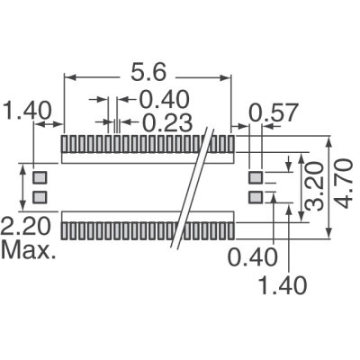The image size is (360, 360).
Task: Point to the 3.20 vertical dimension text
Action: tap(310, 184)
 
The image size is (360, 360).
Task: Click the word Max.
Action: tap(29, 249)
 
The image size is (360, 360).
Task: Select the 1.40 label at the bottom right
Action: tap(285, 285)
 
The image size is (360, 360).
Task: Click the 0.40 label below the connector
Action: tap(249, 258)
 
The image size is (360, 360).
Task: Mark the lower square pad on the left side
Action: tap(40, 195)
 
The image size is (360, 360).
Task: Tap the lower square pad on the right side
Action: tap(256, 195)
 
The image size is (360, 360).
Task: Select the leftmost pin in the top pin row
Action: tap(65, 143)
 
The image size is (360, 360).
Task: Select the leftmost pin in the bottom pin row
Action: tap(65, 229)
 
